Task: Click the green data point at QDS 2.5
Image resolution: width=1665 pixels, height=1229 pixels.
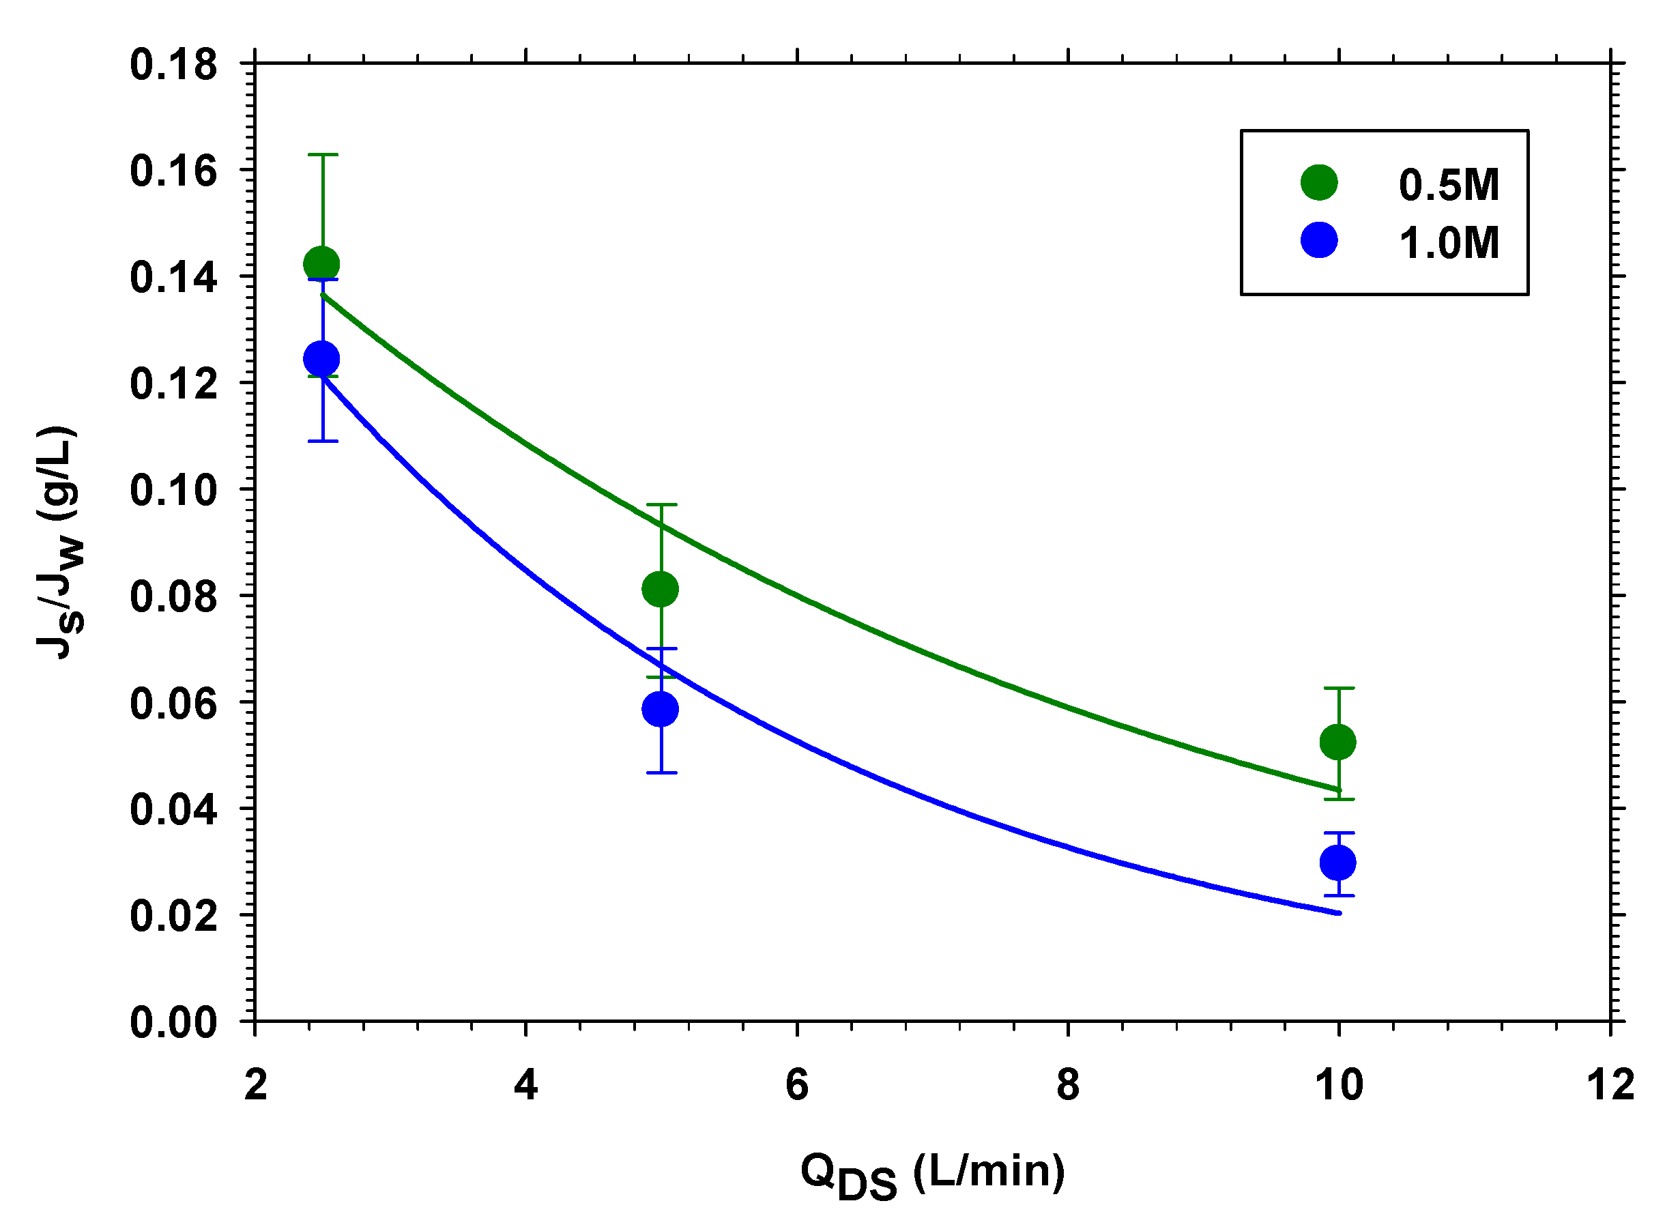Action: point(321,264)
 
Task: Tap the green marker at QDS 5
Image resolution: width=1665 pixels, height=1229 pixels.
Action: point(660,589)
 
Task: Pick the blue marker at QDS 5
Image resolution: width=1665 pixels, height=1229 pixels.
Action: point(660,709)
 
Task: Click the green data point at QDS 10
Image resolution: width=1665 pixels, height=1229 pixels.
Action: point(1337,742)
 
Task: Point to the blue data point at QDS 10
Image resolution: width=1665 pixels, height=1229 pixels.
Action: point(1337,863)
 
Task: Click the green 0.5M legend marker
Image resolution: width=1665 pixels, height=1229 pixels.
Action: point(1319,182)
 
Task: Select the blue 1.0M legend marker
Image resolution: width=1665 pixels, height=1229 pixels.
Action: point(1319,240)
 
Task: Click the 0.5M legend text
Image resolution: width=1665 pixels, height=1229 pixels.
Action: point(1449,184)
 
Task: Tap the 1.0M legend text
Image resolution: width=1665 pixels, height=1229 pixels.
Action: point(1449,242)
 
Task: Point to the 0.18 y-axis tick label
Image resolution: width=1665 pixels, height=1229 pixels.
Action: point(174,65)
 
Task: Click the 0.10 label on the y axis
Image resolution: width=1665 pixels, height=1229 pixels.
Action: point(174,490)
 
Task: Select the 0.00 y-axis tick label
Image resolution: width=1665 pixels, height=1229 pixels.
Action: point(174,1022)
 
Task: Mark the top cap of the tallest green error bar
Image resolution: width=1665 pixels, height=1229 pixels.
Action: point(323,155)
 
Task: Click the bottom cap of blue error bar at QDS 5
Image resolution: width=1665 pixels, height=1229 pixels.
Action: point(661,773)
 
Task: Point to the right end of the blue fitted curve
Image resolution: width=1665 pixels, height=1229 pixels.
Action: point(1338,913)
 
